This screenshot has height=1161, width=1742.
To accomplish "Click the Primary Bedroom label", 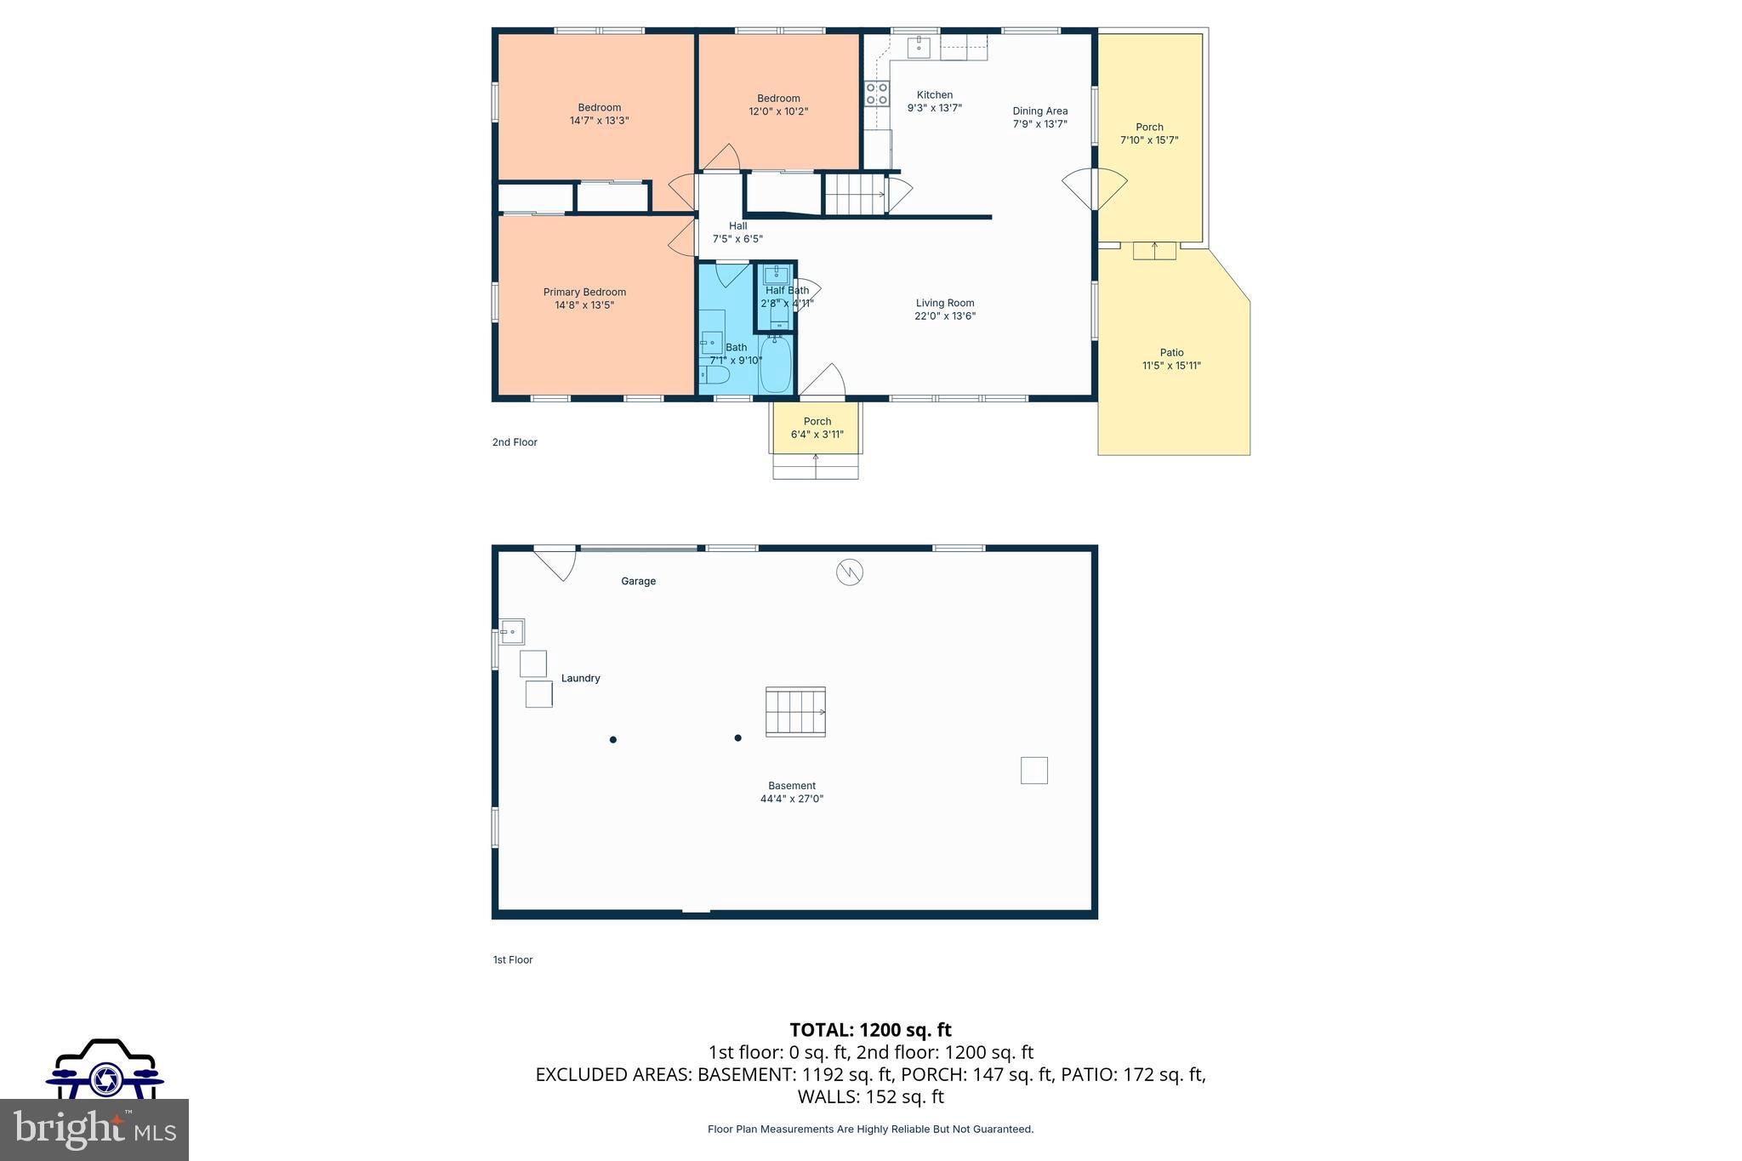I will [x=584, y=292].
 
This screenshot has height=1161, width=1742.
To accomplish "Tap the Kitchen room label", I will [x=934, y=95].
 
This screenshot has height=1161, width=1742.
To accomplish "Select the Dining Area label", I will [x=1039, y=111].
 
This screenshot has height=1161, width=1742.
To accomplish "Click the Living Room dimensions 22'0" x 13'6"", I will [x=944, y=316].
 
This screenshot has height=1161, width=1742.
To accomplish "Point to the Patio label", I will [x=1171, y=352].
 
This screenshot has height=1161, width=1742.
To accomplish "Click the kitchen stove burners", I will [x=876, y=94].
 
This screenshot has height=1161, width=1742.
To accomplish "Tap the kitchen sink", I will [x=919, y=47].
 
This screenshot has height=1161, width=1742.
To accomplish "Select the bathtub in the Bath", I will [x=775, y=364].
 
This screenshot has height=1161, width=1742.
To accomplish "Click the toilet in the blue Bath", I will [x=714, y=375].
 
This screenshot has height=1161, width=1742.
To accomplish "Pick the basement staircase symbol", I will [x=795, y=712].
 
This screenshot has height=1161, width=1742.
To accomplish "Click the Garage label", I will [x=638, y=582].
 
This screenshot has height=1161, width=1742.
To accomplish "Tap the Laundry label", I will [x=580, y=679].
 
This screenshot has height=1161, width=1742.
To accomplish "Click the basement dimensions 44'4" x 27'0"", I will [x=791, y=799].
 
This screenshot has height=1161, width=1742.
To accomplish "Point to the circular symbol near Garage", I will [x=849, y=572].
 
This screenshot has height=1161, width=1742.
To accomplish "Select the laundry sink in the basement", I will [x=511, y=632].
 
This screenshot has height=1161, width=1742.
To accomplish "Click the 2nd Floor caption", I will [x=515, y=442].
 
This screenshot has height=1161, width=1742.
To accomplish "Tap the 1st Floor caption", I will [x=513, y=959].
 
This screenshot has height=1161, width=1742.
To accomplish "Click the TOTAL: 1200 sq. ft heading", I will [x=870, y=1030].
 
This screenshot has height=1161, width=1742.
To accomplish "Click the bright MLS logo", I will [x=94, y=1130].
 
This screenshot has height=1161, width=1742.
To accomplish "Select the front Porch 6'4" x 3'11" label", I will [x=817, y=428].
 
